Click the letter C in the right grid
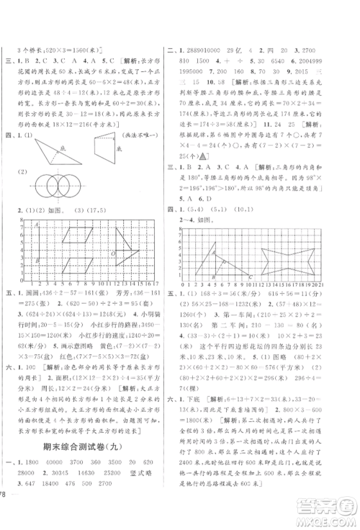click(251, 277)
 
